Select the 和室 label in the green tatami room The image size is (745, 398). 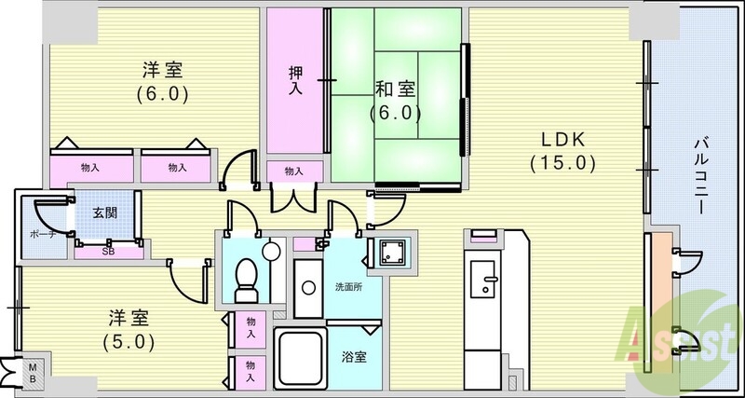[395, 90]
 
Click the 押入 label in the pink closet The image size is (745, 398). [294, 82]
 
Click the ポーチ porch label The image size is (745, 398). [42, 234]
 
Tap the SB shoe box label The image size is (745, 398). [107, 252]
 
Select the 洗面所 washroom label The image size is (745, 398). [349, 286]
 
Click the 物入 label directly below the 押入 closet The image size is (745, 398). [293, 172]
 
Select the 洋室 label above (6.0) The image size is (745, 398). [161, 70]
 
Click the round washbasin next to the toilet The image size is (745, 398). [271, 251]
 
